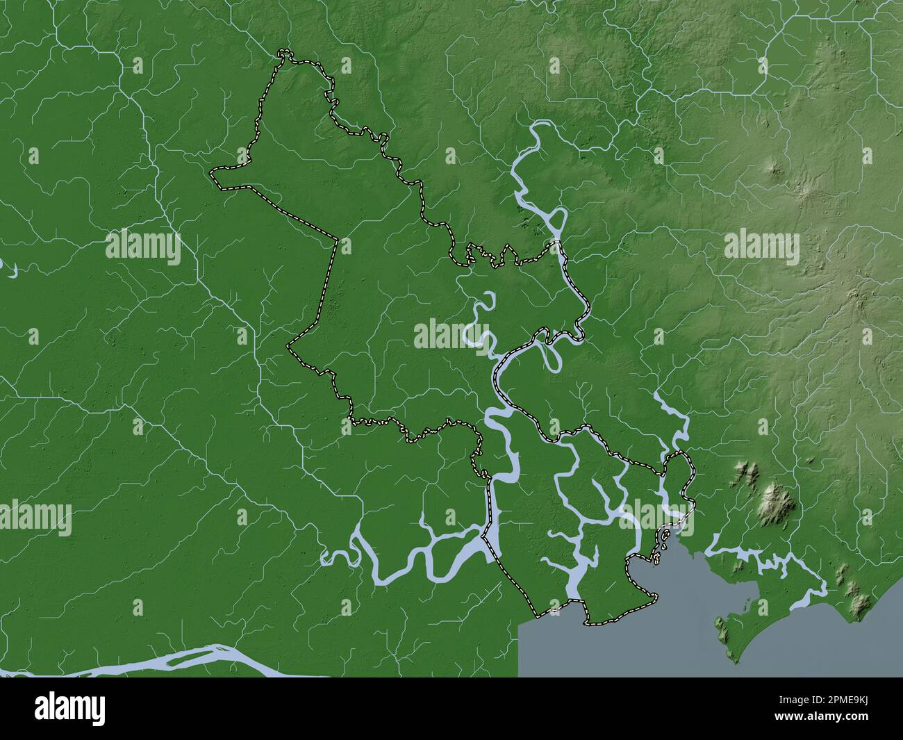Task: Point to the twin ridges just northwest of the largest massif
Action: (748, 474)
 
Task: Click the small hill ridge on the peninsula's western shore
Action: (722, 629)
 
